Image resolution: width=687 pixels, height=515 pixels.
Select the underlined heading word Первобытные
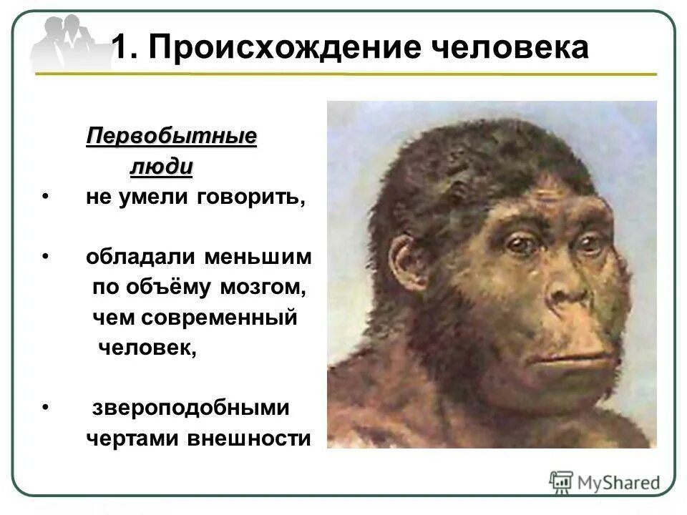click(172, 135)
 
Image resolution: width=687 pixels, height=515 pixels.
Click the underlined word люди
click(162, 167)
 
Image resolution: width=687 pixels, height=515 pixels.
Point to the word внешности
click(249, 438)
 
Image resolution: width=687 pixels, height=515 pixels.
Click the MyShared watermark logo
click(605, 482)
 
